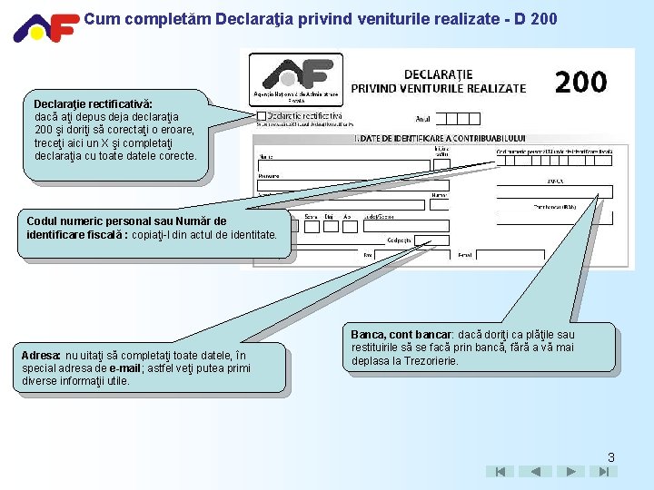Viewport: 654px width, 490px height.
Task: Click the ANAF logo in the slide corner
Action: tap(45, 27)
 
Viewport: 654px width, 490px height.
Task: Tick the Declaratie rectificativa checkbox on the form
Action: tap(262, 116)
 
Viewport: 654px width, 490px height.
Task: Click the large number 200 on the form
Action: tap(580, 83)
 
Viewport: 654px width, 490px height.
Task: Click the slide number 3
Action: tap(611, 457)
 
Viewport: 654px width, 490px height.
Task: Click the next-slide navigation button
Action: tap(570, 472)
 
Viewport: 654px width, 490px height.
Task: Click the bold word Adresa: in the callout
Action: tap(42, 355)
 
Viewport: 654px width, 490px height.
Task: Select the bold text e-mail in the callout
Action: tap(124, 367)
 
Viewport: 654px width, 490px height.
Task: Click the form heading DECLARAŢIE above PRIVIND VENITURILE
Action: tap(438, 74)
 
